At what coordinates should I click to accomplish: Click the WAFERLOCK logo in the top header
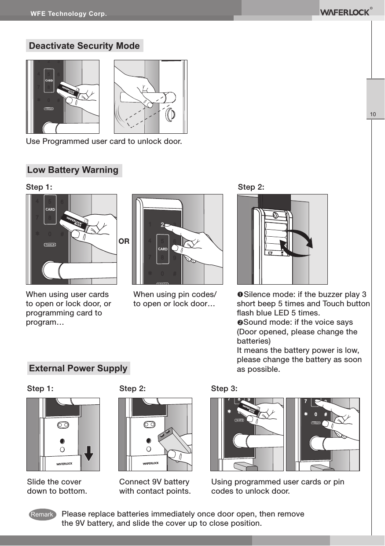point(345,12)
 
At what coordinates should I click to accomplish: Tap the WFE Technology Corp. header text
point(68,14)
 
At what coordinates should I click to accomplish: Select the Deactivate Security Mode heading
point(84,46)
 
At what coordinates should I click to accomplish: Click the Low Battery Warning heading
point(73,170)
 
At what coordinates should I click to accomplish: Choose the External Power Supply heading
point(78,368)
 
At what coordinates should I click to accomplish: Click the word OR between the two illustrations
point(125,242)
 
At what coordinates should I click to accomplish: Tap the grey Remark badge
point(42,514)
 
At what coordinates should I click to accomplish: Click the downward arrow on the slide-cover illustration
point(88,454)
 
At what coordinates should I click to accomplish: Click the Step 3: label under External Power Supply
point(224,388)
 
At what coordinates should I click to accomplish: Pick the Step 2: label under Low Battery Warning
point(251,187)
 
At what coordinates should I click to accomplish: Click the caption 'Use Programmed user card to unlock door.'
point(104,142)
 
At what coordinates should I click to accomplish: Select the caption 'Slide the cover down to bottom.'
point(57,486)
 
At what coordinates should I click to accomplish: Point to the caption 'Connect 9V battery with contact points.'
point(155,486)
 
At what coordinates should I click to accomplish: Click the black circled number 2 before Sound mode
point(240,322)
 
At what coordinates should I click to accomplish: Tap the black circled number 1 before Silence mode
point(240,294)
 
